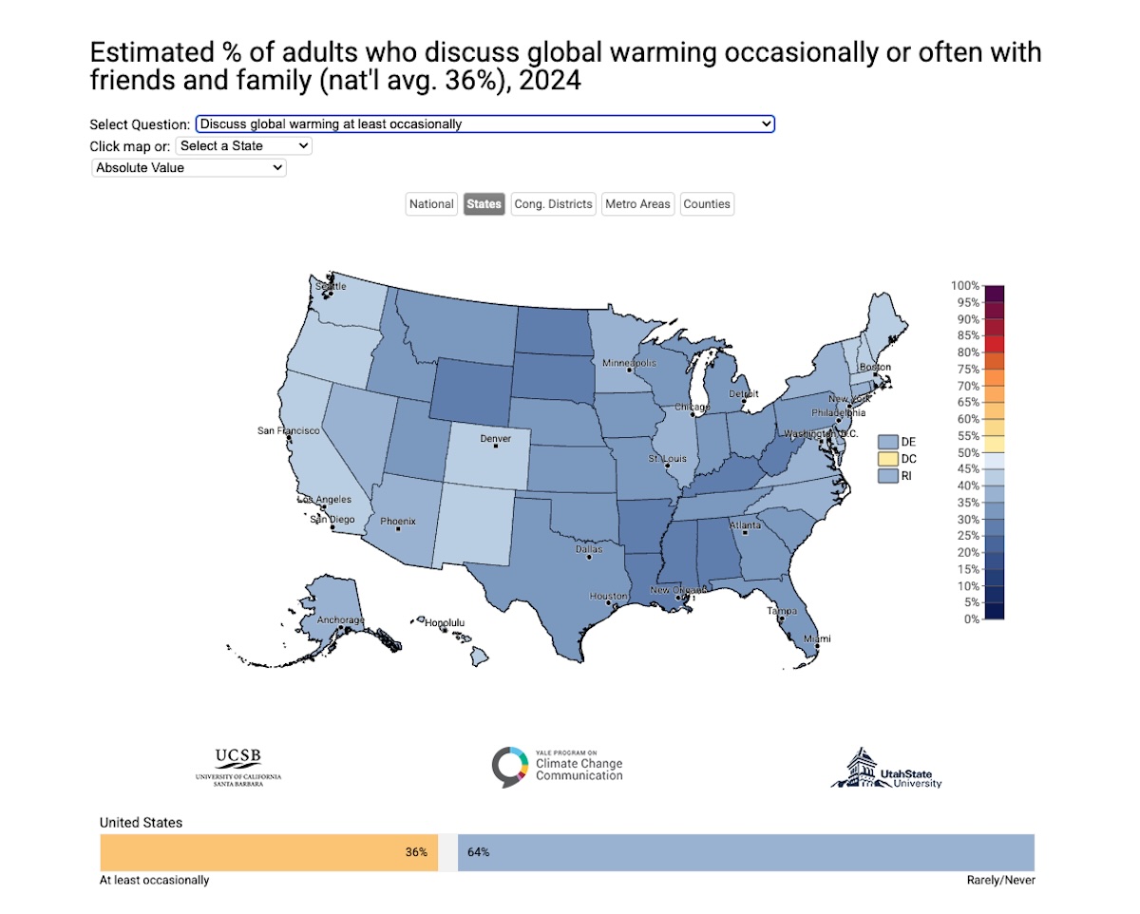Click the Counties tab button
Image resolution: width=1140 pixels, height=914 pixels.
click(x=707, y=204)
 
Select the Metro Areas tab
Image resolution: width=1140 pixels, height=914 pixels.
click(x=637, y=204)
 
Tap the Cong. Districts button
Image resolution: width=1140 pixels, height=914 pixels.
click(x=553, y=204)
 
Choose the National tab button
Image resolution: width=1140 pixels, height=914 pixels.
click(x=431, y=204)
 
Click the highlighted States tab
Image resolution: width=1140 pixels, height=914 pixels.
click(x=484, y=204)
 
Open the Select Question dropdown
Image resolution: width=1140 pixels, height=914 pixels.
click(x=484, y=124)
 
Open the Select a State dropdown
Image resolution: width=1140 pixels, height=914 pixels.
click(x=243, y=146)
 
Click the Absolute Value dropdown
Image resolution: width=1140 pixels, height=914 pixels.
click(x=188, y=167)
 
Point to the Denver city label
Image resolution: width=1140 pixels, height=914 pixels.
click(x=495, y=439)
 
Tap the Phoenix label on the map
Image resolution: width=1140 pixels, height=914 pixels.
click(x=397, y=522)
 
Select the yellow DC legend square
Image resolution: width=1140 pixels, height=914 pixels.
click(x=887, y=459)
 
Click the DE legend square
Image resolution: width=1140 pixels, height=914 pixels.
click(x=887, y=442)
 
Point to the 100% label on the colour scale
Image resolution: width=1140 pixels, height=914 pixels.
click(x=964, y=286)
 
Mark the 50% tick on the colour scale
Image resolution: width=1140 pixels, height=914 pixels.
click(x=964, y=452)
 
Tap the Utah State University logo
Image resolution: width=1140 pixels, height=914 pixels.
click(x=886, y=768)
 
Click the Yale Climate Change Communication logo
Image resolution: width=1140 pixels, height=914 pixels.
click(x=558, y=767)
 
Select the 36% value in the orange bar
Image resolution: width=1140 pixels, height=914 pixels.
click(x=416, y=852)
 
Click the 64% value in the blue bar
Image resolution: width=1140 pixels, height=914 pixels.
click(x=478, y=852)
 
